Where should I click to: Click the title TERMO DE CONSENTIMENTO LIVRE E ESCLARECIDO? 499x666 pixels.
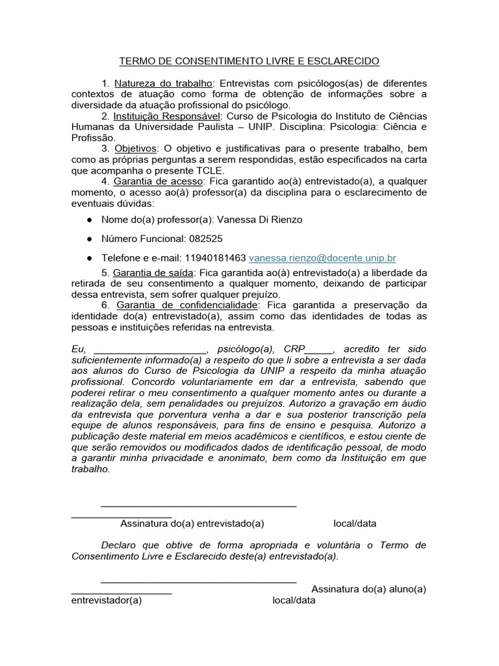pos(249,61)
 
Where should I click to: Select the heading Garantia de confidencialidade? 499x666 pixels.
pos(186,304)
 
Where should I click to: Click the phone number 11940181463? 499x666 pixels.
pos(215,258)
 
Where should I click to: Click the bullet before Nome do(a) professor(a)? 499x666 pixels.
pos(89,220)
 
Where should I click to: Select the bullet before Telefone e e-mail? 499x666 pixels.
pos(89,258)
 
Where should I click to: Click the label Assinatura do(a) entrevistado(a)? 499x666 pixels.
pos(192,524)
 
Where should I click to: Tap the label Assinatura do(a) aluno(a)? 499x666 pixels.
pos(369,589)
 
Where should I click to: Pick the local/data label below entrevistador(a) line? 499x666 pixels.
pos(294,600)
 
